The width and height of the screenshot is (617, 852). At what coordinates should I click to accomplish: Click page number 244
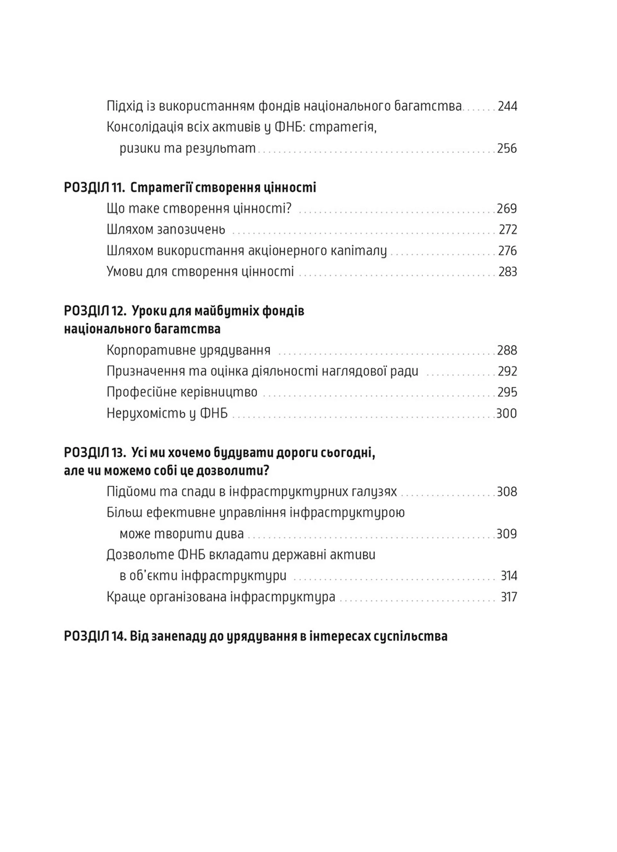tap(507, 106)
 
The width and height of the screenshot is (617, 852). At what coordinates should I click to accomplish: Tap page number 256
tap(507, 149)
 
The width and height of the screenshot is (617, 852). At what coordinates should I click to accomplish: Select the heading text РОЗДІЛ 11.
tap(94, 187)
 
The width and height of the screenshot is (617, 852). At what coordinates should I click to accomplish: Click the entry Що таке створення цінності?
tap(199, 208)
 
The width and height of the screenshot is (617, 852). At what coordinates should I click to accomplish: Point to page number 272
tap(508, 230)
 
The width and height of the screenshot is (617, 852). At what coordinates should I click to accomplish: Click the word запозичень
tap(191, 230)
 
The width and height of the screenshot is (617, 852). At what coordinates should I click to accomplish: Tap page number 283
tap(508, 272)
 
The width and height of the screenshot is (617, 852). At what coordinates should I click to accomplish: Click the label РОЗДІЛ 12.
tap(94, 311)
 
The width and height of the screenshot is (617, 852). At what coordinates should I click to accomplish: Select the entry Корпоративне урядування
tap(189, 350)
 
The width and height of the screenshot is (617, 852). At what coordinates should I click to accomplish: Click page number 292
tap(507, 371)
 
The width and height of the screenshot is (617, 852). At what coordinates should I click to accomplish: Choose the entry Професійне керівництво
tap(182, 392)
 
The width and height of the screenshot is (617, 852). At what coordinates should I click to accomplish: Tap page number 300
tap(506, 413)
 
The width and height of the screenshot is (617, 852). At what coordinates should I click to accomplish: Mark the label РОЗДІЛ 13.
tap(94, 453)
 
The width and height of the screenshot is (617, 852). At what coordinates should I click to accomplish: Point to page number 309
tap(506, 534)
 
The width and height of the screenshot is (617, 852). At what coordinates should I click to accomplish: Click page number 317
tap(509, 597)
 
